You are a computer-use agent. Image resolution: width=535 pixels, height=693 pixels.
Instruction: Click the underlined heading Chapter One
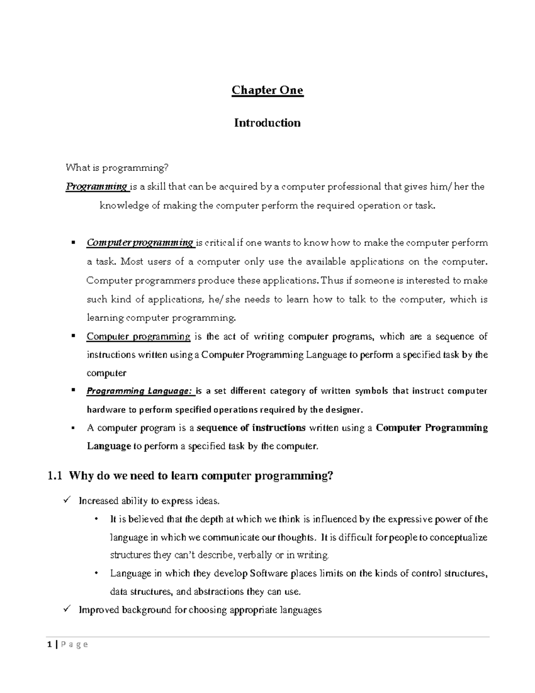pos(267,90)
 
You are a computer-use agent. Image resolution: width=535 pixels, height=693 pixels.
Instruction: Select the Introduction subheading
pos(267,123)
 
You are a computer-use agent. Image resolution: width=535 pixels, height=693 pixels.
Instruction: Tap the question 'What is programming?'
pos(117,168)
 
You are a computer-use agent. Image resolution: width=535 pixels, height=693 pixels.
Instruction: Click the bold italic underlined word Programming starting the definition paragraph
pos(97,187)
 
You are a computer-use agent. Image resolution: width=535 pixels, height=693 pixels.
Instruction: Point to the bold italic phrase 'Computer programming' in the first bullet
pos(140,243)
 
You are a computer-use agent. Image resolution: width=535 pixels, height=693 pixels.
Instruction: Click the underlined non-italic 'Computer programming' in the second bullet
pos(138,336)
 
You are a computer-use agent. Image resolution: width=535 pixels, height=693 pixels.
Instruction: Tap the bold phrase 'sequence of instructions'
pos(251,428)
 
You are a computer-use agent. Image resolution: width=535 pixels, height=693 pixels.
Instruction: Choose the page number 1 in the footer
pos(49,644)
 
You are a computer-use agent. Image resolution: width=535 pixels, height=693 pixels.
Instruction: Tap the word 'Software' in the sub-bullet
pos(269,573)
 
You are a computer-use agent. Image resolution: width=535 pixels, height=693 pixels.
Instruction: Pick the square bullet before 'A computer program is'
pos(73,427)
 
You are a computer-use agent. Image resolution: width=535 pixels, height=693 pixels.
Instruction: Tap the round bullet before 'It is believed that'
pos(97,519)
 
